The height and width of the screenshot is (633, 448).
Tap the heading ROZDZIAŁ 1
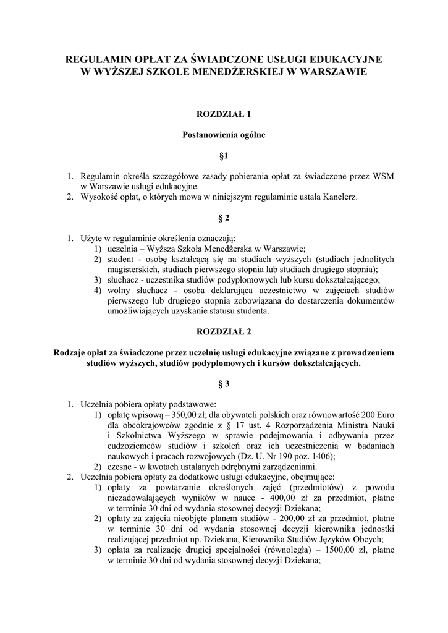[x=224, y=114]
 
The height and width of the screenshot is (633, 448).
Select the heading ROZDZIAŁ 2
[x=224, y=331]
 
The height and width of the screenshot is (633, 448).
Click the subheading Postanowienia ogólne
[x=224, y=134]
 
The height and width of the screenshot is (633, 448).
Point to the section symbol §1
[x=224, y=154]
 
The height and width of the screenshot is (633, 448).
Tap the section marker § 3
[x=224, y=384]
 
